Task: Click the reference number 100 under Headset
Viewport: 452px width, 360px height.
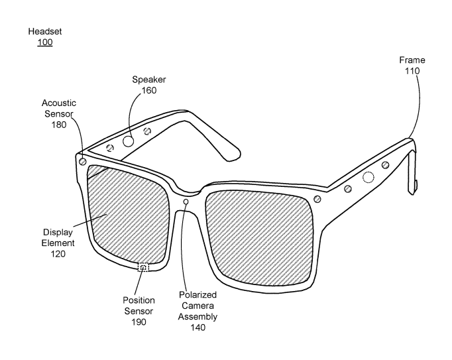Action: click(x=44, y=42)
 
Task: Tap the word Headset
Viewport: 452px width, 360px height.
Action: click(x=44, y=32)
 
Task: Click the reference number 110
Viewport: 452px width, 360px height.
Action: click(x=412, y=71)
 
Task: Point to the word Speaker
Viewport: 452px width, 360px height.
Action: click(x=149, y=80)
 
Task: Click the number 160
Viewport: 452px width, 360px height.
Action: click(x=149, y=90)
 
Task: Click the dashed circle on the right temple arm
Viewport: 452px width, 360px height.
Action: click(x=368, y=177)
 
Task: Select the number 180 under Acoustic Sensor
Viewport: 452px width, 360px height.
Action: click(x=58, y=123)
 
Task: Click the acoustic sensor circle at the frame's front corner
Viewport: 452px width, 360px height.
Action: click(x=82, y=161)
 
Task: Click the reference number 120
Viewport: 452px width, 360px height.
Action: click(x=58, y=253)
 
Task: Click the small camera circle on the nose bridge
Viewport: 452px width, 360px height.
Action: click(x=186, y=202)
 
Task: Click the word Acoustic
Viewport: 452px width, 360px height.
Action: click(x=58, y=103)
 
